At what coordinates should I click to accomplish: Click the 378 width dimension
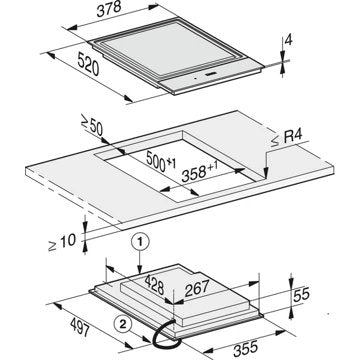pyautogui.click(x=109, y=9)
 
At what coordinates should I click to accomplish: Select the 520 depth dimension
pyautogui.click(x=88, y=64)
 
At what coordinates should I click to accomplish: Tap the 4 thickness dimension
pyautogui.click(x=289, y=41)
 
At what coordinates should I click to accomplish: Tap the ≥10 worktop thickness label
pyautogui.click(x=62, y=241)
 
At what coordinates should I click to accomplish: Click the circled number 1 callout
pyautogui.click(x=140, y=243)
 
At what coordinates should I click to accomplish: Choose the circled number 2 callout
pyautogui.click(x=122, y=324)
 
